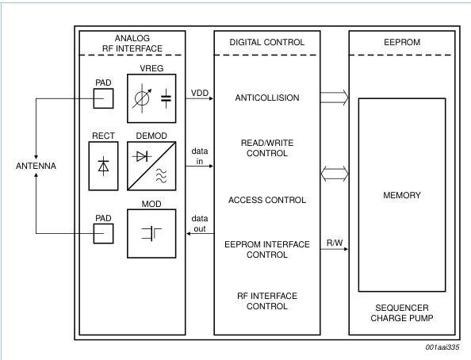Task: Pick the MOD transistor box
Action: click(154, 232)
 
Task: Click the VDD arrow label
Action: click(198, 92)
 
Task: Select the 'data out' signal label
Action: click(199, 221)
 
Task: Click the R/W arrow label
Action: click(335, 241)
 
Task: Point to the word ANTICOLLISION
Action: click(266, 98)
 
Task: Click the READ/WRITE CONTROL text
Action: click(266, 148)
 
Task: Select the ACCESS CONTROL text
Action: click(266, 199)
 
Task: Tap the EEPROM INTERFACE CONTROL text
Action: click(266, 249)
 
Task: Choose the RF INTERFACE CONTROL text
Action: click(266, 301)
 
